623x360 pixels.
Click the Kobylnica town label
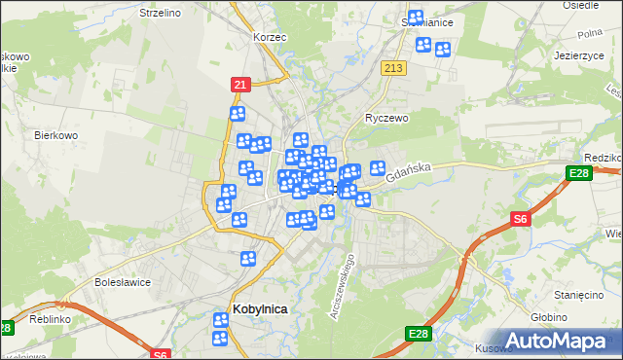[x=259, y=309]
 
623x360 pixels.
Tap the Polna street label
[x=590, y=33]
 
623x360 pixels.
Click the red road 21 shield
[x=239, y=85]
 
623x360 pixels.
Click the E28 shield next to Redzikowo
[x=578, y=174]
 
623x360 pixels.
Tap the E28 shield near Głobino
[x=419, y=335]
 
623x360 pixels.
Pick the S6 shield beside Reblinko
[x=162, y=354]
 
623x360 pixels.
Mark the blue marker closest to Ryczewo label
[x=378, y=167]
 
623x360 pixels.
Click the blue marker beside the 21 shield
[x=238, y=114]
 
